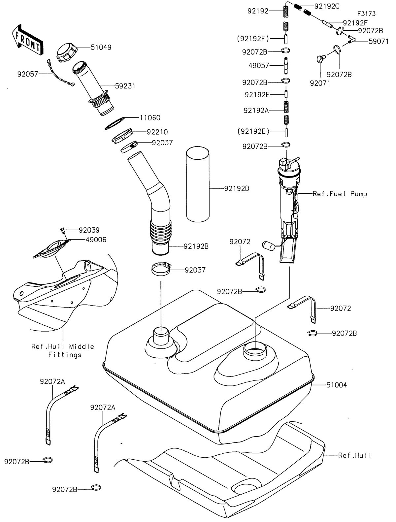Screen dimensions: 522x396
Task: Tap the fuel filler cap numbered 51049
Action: pos(67,52)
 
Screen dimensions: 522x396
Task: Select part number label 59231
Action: pos(125,86)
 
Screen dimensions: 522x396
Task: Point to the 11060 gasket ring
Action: pos(115,123)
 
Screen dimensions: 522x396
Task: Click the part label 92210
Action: pos(157,132)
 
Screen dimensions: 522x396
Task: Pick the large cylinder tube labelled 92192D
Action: pos(198,184)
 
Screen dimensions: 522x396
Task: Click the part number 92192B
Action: pos(196,246)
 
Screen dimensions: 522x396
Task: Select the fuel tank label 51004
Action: pos(337,385)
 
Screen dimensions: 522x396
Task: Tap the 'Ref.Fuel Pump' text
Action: pos(340,194)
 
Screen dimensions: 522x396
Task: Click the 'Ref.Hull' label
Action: pos(355,455)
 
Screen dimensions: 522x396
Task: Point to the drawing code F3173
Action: pos(366,14)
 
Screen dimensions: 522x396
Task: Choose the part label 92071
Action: pos(320,83)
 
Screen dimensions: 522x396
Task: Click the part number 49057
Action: pos(259,65)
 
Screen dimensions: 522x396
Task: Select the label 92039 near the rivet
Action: pos(89,230)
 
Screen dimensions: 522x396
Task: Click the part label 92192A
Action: pos(256,111)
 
